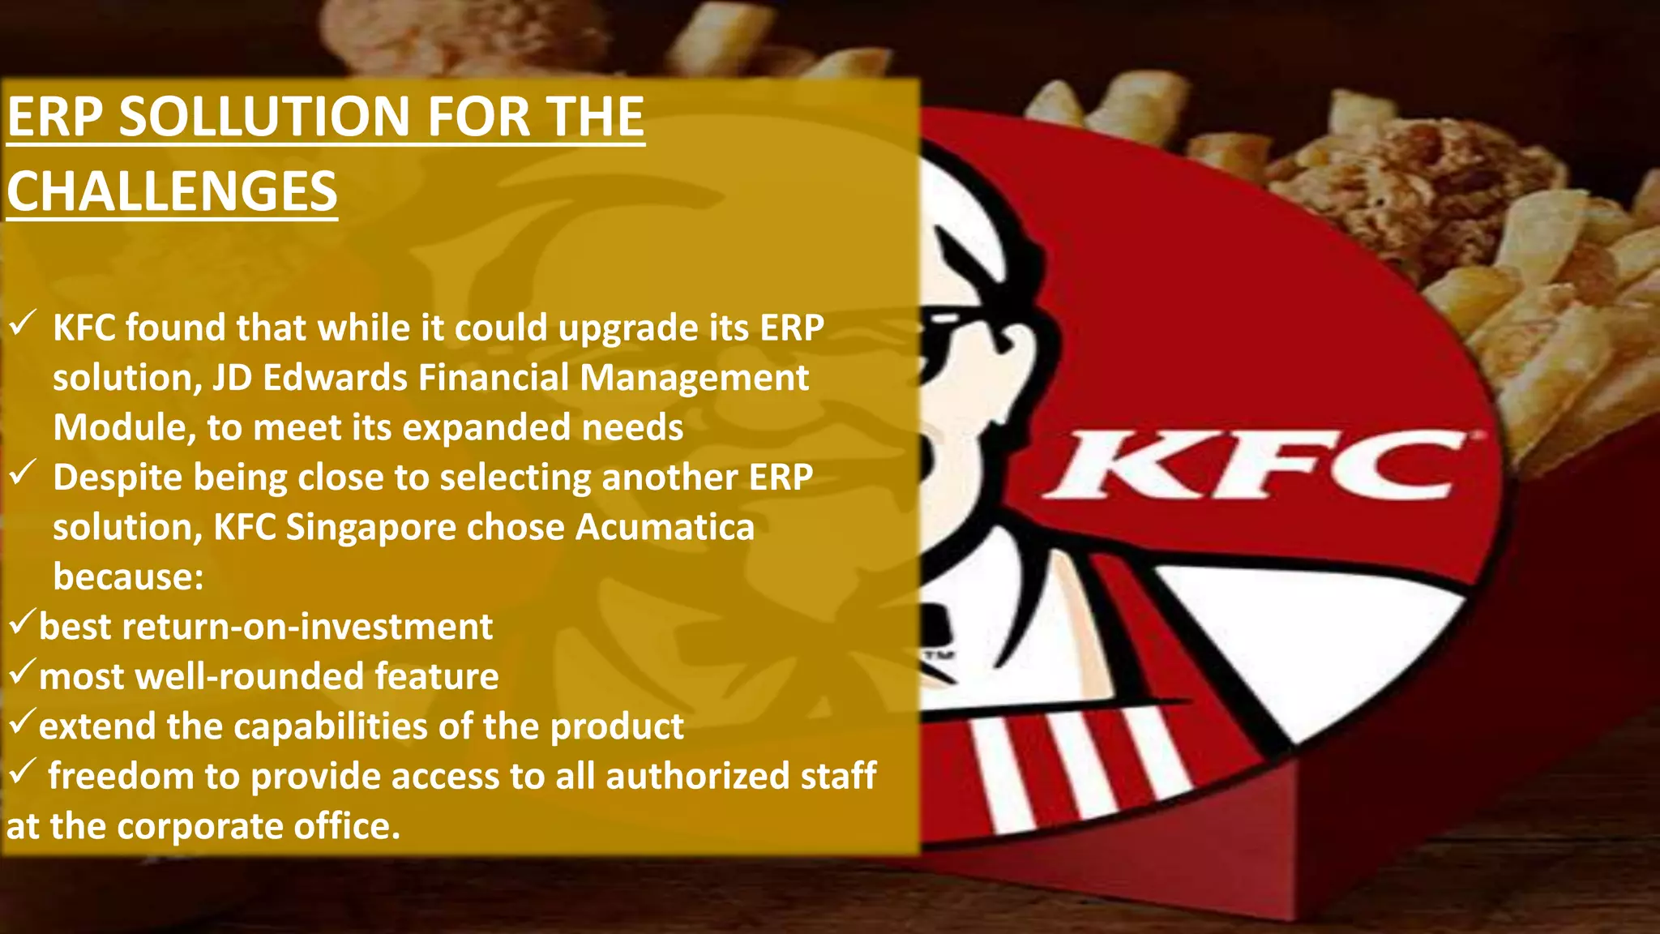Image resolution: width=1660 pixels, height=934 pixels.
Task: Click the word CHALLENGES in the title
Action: (x=172, y=191)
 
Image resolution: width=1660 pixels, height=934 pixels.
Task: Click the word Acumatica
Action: (x=665, y=527)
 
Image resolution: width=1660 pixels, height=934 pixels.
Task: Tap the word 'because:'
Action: (x=128, y=576)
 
